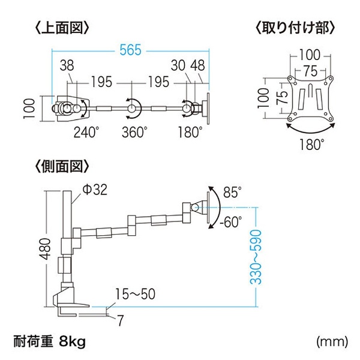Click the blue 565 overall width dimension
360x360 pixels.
pyautogui.click(x=130, y=51)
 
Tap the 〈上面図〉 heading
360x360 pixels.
pyautogui.click(x=62, y=28)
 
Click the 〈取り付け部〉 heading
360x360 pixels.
pyautogui.click(x=295, y=28)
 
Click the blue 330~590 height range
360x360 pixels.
pyautogui.click(x=255, y=256)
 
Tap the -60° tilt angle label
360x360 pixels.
pyautogui.click(x=230, y=222)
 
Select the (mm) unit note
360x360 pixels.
pyautogui.click(x=332, y=342)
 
